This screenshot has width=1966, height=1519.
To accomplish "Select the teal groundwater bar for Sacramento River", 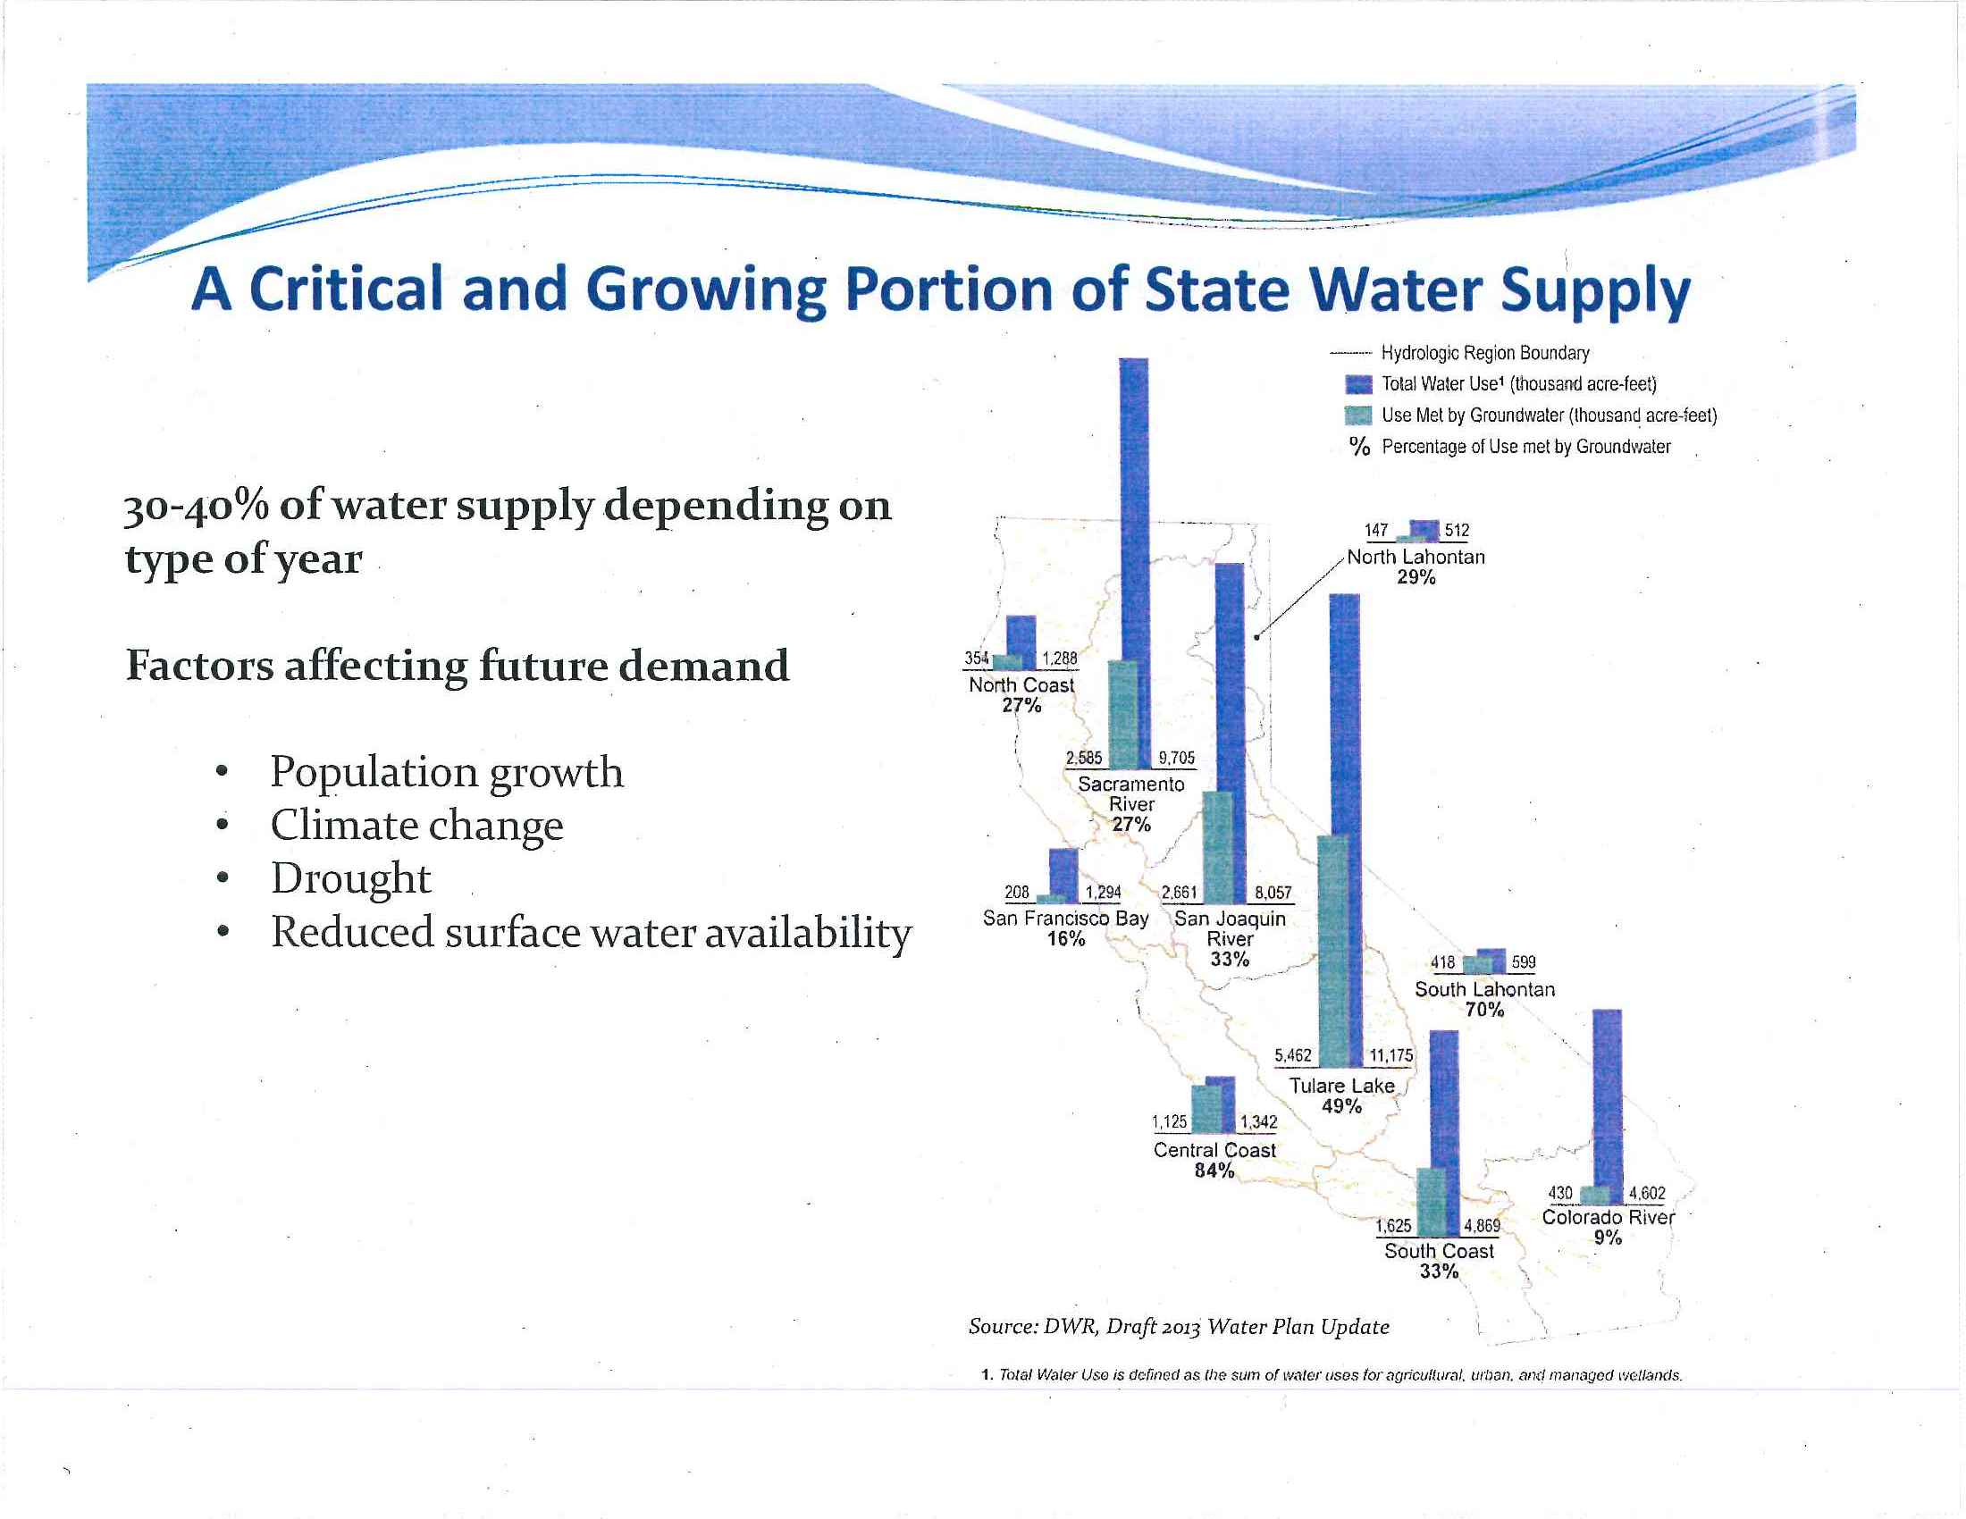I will pyautogui.click(x=1123, y=716).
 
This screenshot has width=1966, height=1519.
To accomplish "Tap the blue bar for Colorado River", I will pyautogui.click(x=1607, y=1098).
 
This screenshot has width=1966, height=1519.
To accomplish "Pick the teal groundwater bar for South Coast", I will pyautogui.click(x=1432, y=1202).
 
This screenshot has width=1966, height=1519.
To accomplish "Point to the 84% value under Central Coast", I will pyautogui.click(x=1214, y=1171).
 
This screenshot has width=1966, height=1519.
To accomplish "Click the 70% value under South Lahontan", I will pyautogui.click(x=1484, y=1010).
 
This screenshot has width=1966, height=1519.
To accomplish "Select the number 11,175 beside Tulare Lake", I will pyautogui.click(x=1390, y=1055).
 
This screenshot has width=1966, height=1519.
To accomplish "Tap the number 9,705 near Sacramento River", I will pyautogui.click(x=1177, y=758).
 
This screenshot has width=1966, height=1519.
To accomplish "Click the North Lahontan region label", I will pyautogui.click(x=1416, y=557).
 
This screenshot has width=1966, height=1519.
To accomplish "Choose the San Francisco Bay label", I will pyautogui.click(x=1066, y=919).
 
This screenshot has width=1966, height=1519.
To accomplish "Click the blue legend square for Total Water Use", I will pyautogui.click(x=1357, y=385).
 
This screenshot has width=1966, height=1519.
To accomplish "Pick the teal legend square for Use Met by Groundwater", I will pyautogui.click(x=1357, y=415).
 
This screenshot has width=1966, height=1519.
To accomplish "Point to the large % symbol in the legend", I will pyautogui.click(x=1359, y=448).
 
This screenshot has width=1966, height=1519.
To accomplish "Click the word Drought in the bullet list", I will pyautogui.click(x=351, y=878).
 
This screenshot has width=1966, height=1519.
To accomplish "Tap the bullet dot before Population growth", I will pyautogui.click(x=221, y=773).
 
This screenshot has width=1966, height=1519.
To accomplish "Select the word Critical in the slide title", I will pyautogui.click(x=346, y=290).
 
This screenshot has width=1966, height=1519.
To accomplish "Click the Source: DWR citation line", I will pyautogui.click(x=1179, y=1326).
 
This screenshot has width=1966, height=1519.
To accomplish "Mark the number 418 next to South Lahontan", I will pyautogui.click(x=1442, y=962).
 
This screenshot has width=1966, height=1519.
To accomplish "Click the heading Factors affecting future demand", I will pyautogui.click(x=458, y=666).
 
